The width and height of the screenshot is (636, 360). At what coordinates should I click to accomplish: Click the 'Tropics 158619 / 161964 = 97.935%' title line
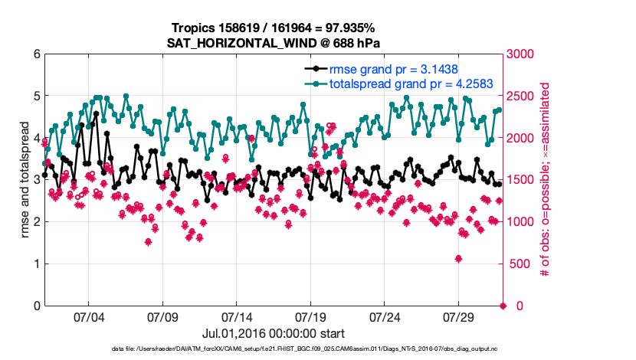click(x=274, y=28)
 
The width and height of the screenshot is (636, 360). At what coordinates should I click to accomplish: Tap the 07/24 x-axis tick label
click(x=385, y=316)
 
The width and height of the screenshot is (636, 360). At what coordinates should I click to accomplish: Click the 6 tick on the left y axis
click(x=36, y=54)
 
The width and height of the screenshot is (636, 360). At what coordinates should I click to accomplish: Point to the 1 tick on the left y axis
click(x=36, y=264)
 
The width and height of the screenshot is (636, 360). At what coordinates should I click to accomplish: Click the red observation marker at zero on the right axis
click(x=503, y=306)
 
